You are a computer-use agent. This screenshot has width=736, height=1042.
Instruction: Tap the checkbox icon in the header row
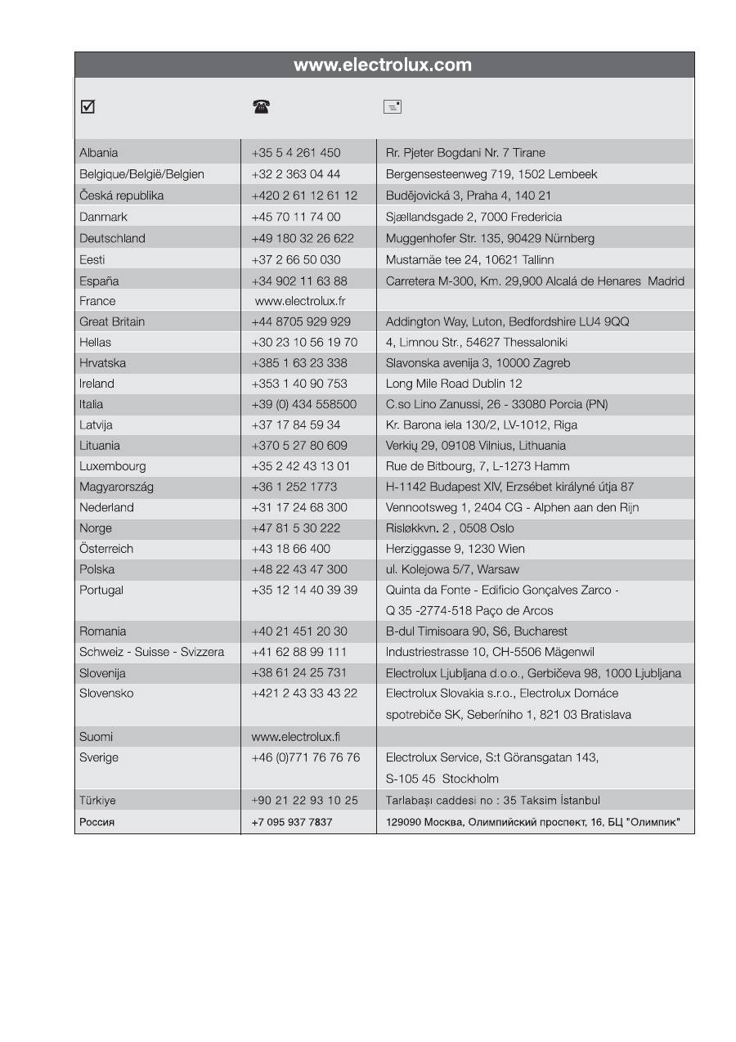point(88,106)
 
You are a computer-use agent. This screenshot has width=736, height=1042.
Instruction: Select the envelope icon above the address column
point(393,106)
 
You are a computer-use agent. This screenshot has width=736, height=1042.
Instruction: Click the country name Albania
point(99,153)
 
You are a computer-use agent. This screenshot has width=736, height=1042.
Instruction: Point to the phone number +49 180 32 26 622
point(303,239)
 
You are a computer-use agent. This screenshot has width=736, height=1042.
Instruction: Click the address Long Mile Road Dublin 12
point(454,384)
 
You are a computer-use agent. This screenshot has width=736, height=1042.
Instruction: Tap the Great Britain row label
point(112,321)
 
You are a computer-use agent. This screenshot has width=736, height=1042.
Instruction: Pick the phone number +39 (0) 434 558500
point(304,404)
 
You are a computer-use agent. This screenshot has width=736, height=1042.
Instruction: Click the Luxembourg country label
point(113,466)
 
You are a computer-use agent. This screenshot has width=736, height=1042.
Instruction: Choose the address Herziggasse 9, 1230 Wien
point(456,549)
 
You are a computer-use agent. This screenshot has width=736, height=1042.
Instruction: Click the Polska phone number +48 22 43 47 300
point(299,569)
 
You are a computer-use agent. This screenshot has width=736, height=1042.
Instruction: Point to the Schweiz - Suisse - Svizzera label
point(151,652)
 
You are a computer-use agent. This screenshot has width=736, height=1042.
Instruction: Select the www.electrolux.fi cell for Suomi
point(296,737)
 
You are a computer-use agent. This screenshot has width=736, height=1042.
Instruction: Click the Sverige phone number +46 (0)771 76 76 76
point(306,757)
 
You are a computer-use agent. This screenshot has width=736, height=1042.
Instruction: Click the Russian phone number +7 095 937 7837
point(292,822)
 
